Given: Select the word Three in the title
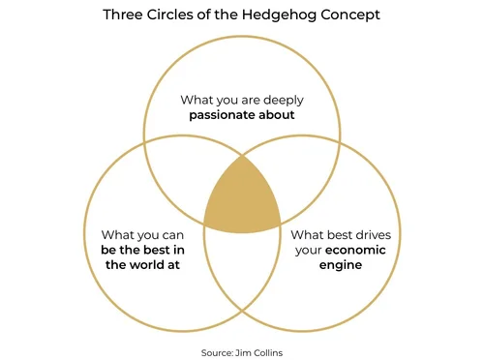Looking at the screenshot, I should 123,16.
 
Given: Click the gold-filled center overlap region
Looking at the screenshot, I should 242,199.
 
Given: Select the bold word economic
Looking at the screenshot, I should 360,250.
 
